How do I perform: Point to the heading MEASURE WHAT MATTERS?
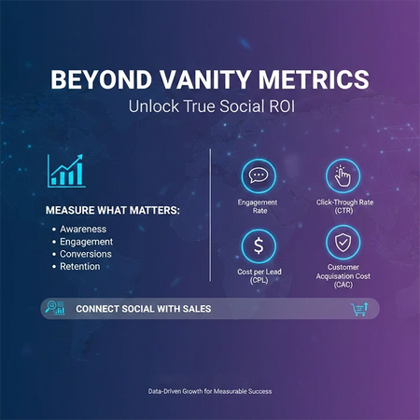pos(113,210)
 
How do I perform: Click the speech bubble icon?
pos(258,175)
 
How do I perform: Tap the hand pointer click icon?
pos(342,175)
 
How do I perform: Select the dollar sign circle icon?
pos(258,245)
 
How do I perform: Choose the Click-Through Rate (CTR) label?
pos(342,206)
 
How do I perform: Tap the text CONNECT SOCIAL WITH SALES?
pos(142,309)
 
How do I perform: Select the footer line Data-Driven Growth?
pos(210,391)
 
